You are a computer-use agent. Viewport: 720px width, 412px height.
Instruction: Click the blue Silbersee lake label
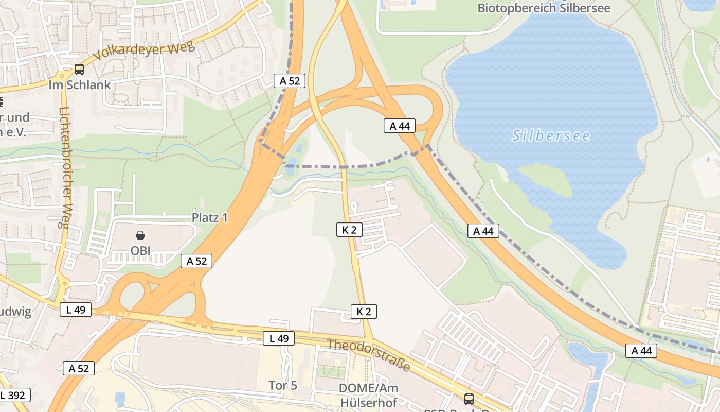pyautogui.click(x=551, y=135)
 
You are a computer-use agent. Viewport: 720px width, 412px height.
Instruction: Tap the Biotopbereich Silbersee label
pyautogui.click(x=544, y=8)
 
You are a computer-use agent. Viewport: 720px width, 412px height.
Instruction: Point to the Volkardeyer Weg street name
pyautogui.click(x=144, y=51)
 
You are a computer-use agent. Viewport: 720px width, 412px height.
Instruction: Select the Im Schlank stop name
pyautogui.click(x=80, y=85)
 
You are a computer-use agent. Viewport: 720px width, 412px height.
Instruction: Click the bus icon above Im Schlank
pyautogui.click(x=79, y=69)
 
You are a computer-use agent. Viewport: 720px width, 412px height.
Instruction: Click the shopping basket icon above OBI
pyautogui.click(x=140, y=236)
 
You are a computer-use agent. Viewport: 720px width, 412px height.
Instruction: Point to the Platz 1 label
pyautogui.click(x=210, y=217)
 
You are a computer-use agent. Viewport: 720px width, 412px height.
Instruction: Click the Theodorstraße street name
pyautogui.click(x=369, y=355)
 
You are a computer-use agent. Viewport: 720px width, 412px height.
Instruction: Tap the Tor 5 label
pyautogui.click(x=283, y=385)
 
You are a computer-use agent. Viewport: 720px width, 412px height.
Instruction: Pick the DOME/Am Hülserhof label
pyautogui.click(x=369, y=394)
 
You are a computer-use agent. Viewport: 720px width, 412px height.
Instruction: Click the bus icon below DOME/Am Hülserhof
pyautogui.click(x=469, y=398)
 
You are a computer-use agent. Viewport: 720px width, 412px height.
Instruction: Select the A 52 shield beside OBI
pyautogui.click(x=196, y=261)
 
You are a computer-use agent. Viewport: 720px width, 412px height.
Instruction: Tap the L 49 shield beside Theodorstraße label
pyautogui.click(x=279, y=338)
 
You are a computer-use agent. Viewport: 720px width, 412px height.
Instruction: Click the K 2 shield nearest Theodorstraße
pyautogui.click(x=364, y=311)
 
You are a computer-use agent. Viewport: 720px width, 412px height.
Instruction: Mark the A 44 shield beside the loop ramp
pyautogui.click(x=399, y=126)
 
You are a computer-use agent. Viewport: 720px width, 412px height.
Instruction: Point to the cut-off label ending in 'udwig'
pyautogui.click(x=16, y=311)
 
